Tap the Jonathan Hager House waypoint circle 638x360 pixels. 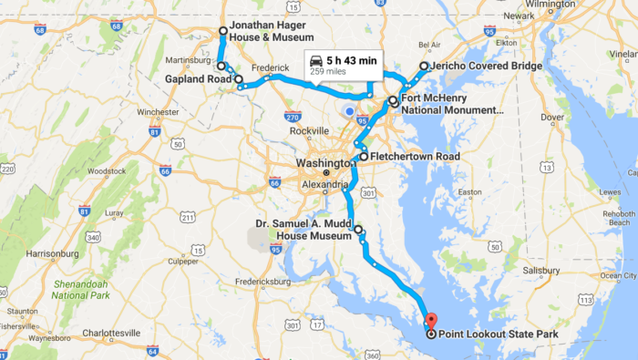point(223,31)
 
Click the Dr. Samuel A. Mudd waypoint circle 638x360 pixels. point(358,230)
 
